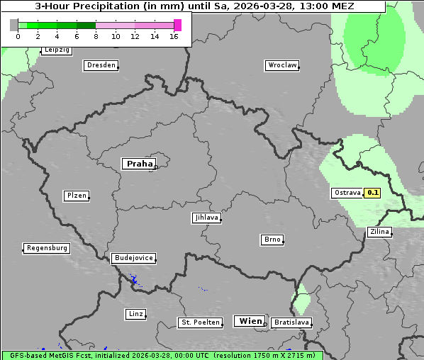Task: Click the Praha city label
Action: pyautogui.click(x=139, y=164)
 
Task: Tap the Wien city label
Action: pyautogui.click(x=250, y=321)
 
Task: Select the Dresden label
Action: pyautogui.click(x=101, y=65)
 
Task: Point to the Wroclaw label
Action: pyautogui.click(x=282, y=65)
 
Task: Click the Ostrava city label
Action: pyautogui.click(x=347, y=193)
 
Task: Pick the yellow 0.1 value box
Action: pyautogui.click(x=373, y=193)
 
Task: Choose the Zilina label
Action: pyautogui.click(x=379, y=232)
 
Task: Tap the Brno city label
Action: pyautogui.click(x=272, y=240)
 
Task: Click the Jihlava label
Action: pyautogui.click(x=206, y=218)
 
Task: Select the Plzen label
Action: pyautogui.click(x=76, y=196)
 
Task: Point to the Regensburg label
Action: pyautogui.click(x=47, y=248)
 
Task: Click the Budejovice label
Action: pyautogui.click(x=133, y=258)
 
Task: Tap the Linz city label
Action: pyautogui.click(x=135, y=313)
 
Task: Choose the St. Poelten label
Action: pyautogui.click(x=196, y=322)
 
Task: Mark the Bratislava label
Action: pyautogui.click(x=291, y=322)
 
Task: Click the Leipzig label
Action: pyautogui.click(x=57, y=50)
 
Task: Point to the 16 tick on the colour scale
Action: pyautogui.click(x=174, y=36)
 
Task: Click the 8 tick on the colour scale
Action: pyautogui.click(x=96, y=36)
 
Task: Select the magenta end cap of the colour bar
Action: pyautogui.click(x=177, y=25)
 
